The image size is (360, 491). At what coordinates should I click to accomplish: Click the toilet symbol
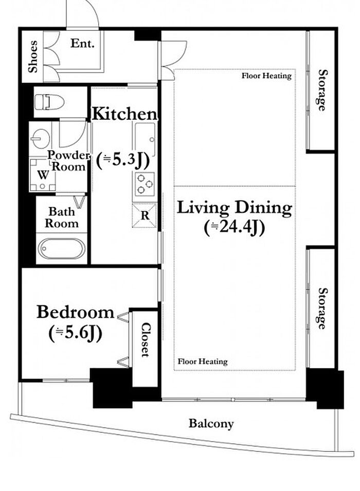49,102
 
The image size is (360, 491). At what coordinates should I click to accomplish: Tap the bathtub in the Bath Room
61,249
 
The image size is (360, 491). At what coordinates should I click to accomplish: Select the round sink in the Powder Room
41,139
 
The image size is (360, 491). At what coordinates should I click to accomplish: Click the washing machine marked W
43,175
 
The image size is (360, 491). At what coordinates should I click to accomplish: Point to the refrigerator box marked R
145,215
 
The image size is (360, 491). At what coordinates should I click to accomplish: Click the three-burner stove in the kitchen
145,184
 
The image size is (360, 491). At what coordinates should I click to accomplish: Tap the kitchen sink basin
145,139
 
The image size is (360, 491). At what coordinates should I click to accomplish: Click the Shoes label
32,57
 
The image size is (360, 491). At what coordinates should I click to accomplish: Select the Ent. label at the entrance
82,43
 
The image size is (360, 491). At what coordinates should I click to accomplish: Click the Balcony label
211,424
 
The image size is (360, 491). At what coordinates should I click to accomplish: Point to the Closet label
146,340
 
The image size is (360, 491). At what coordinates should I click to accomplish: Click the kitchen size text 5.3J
122,160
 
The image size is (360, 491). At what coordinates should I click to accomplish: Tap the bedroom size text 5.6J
76,333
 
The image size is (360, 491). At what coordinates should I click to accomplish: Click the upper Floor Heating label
266,76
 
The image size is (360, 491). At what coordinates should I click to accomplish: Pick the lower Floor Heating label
203,361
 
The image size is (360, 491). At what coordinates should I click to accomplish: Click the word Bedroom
76,312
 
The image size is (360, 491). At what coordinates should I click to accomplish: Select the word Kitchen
124,114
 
